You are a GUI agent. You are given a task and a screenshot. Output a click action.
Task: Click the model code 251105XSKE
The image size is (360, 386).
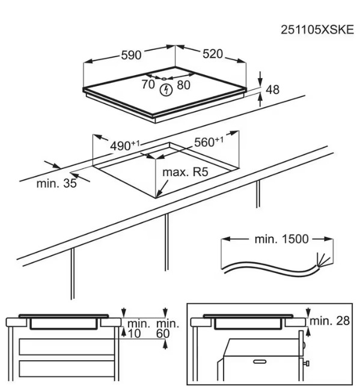point(317,30)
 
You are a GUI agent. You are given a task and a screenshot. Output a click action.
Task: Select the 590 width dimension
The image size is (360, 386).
point(131,55)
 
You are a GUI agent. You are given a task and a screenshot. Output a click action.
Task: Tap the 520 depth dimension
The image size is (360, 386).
point(213,54)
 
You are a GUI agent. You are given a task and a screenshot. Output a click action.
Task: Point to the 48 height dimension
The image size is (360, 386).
point(273,90)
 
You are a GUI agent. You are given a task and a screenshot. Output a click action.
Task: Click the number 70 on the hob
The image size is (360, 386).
point(148,84)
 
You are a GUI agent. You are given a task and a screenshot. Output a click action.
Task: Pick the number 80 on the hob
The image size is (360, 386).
point(183,85)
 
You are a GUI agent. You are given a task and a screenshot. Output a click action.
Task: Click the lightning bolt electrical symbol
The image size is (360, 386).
point(166,90)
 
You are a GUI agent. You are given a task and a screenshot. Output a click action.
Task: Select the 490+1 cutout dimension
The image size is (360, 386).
point(125,146)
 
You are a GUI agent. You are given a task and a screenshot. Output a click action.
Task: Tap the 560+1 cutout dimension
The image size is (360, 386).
point(209,142)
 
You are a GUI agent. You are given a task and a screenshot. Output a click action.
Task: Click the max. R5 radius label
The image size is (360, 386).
point(185,172)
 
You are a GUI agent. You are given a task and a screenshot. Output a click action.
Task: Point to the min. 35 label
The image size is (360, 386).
point(56,183)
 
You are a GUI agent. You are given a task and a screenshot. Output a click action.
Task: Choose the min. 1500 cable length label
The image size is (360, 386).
point(281,239)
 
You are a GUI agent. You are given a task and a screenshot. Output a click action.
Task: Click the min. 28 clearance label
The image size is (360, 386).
point(329,320)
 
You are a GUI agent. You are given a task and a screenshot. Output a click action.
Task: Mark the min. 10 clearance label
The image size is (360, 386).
point(138,329)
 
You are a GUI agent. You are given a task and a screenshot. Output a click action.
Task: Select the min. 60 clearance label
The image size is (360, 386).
point(167,329)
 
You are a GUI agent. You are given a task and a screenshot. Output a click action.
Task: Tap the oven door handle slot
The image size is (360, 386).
point(260,361)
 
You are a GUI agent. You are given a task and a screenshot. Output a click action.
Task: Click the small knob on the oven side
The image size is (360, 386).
point(307,363)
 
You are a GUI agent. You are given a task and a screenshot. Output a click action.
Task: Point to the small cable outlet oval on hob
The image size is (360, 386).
point(165,79)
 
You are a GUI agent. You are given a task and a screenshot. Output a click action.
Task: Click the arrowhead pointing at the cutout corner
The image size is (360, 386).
point(159,193)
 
